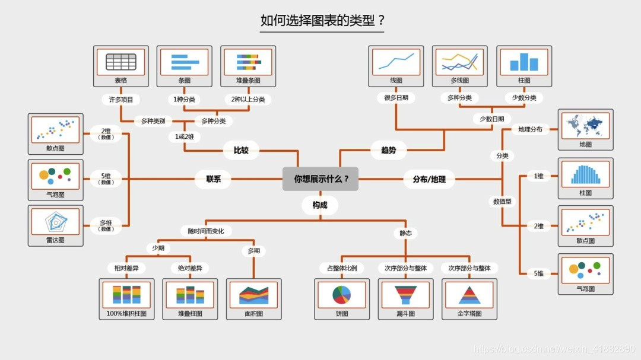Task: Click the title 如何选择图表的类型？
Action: [322, 21]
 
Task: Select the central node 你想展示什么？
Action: [320, 179]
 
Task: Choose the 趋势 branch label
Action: [388, 150]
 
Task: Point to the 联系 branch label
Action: [214, 179]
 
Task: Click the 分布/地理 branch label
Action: [429, 179]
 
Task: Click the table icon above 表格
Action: [121, 62]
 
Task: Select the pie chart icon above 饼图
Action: [341, 294]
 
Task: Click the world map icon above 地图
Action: [585, 126]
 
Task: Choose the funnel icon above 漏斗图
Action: [405, 294]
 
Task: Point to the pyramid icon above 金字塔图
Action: [469, 294]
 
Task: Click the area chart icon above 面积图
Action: [254, 294]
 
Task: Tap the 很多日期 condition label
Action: [396, 98]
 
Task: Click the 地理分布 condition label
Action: [530, 129]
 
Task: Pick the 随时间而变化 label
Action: [206, 231]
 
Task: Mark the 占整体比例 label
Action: [341, 268]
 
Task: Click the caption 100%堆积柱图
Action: [126, 313]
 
